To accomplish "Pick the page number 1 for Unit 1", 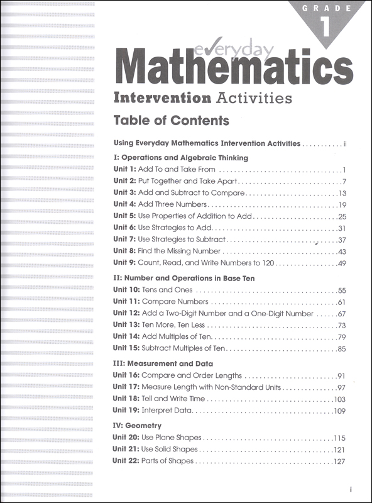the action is (345, 170).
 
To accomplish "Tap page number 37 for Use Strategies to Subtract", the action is (342, 240).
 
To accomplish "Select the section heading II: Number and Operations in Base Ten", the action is (183, 277).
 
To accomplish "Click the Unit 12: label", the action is (126, 313).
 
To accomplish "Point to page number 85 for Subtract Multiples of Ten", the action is (342, 348).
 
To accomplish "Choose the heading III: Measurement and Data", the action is (163, 363).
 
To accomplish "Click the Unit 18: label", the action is (126, 399).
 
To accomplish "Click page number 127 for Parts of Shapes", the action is (340, 462).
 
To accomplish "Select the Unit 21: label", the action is (126, 450).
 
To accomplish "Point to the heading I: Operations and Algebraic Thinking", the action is (180, 157).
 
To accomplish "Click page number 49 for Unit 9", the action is (342, 263).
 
